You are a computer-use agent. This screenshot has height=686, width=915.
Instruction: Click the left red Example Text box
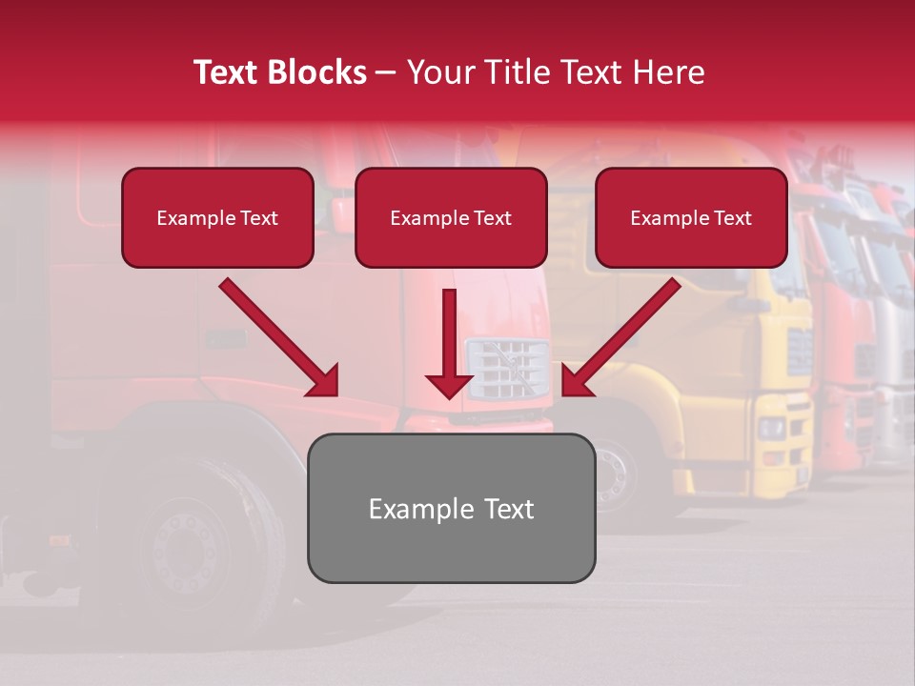click(x=217, y=218)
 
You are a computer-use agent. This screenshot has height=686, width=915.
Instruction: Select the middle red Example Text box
click(x=451, y=218)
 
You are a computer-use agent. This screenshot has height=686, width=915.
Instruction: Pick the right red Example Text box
click(x=691, y=218)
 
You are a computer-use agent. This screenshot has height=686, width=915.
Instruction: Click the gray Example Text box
click(x=451, y=509)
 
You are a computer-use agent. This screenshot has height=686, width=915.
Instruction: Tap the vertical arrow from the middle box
click(x=449, y=343)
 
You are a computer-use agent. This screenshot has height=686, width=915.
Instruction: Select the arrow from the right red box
click(x=620, y=338)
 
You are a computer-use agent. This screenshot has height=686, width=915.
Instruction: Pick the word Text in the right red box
click(x=733, y=218)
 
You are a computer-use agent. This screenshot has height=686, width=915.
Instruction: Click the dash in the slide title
click(x=386, y=72)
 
